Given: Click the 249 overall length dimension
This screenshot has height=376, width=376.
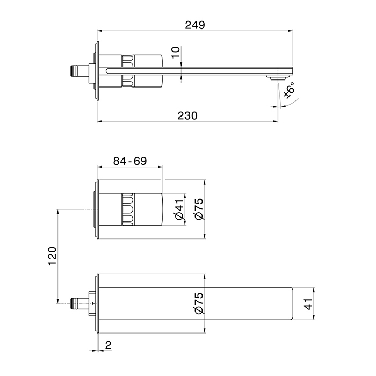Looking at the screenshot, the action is point(195,25).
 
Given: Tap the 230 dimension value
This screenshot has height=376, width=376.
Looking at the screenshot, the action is point(187,115).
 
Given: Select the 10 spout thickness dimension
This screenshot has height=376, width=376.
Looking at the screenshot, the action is point(176,52).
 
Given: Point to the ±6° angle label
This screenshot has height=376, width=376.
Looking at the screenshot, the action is point(289,90).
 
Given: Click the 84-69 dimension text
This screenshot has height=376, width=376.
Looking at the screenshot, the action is point(130,161).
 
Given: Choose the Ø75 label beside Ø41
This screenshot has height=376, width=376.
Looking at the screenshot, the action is point(199,209).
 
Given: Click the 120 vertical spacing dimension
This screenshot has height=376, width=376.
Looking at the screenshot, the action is point(52,256).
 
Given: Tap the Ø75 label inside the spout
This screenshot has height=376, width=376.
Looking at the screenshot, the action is point(199,303).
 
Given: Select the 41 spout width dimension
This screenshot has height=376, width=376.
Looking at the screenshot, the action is point(308,304).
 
